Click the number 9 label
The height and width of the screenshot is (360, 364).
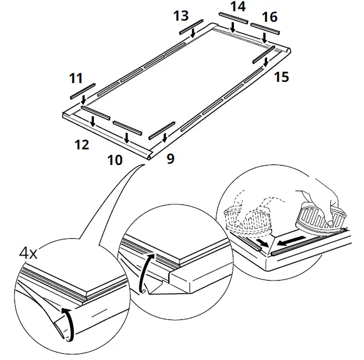pos(170,159)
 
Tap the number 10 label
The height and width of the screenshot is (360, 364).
pos(114,160)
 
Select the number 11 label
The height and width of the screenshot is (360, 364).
pos(76,79)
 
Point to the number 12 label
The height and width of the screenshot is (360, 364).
pos(81,144)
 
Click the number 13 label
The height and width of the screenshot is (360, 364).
pos(181,15)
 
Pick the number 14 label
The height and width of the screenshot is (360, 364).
pos(238,6)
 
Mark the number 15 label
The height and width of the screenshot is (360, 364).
pos(281,77)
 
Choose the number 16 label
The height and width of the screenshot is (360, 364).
pos(269,17)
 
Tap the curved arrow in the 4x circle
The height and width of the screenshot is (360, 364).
pos(70,324)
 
